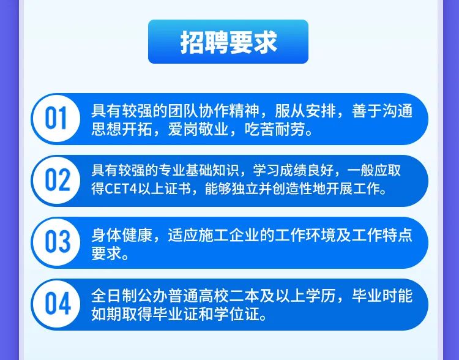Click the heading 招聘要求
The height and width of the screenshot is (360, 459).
228,42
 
